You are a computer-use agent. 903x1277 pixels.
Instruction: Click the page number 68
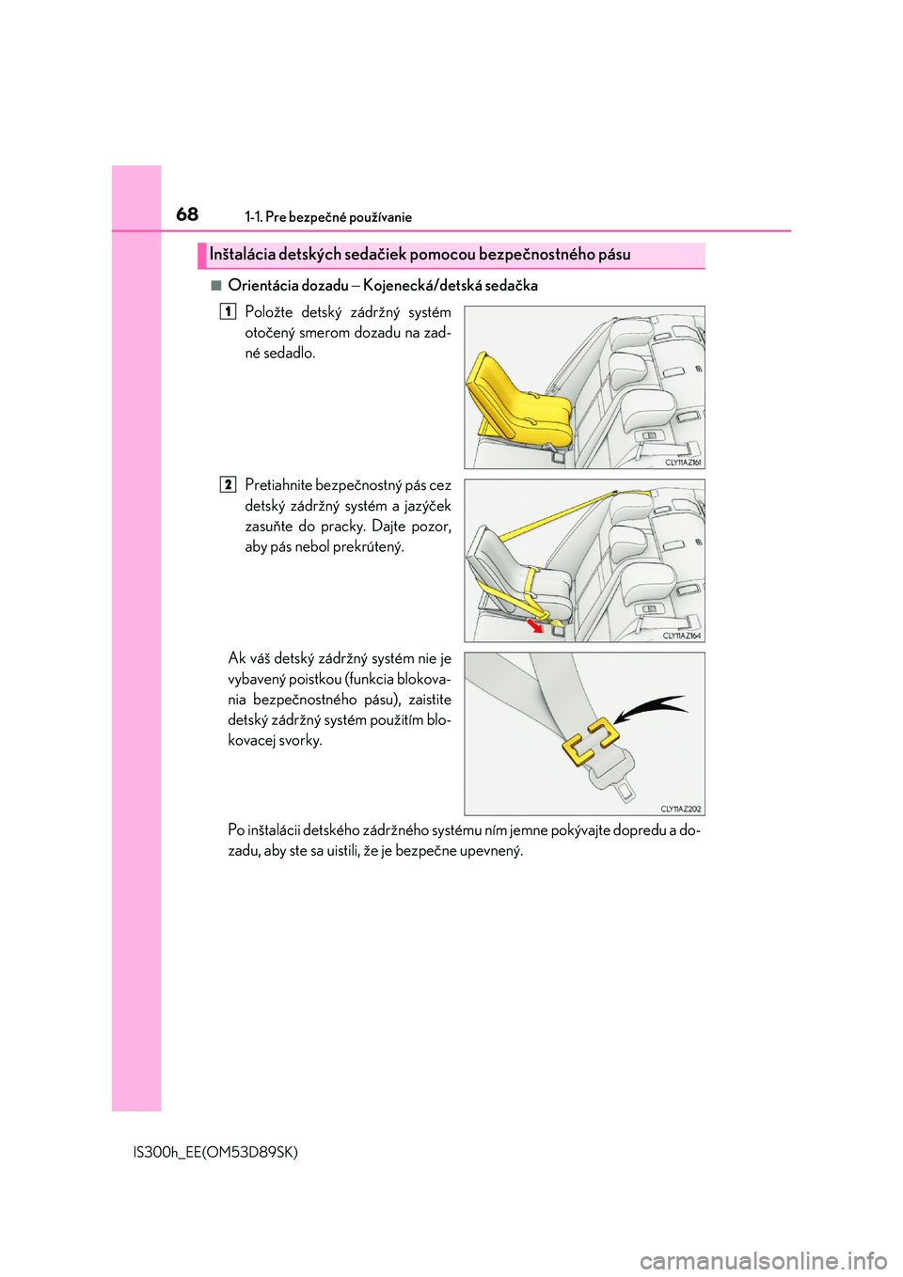click(187, 214)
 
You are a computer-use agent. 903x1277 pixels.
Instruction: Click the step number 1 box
click(228, 311)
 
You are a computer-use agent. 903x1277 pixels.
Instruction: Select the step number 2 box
click(228, 484)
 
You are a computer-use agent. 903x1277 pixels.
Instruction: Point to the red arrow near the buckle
click(535, 625)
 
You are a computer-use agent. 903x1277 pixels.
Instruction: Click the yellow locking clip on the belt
click(590, 741)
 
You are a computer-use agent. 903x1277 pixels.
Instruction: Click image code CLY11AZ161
click(683, 463)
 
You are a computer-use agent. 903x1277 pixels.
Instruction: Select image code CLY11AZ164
click(682, 636)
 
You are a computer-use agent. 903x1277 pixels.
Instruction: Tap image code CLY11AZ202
click(681, 809)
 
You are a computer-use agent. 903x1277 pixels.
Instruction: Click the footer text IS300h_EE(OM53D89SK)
click(216, 1152)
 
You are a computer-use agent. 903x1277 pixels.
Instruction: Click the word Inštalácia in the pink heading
click(242, 254)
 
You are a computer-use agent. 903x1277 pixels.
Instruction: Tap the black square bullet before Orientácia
click(216, 285)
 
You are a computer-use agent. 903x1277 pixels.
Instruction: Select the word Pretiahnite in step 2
click(278, 485)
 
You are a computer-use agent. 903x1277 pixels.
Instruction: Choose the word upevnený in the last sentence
click(490, 851)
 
